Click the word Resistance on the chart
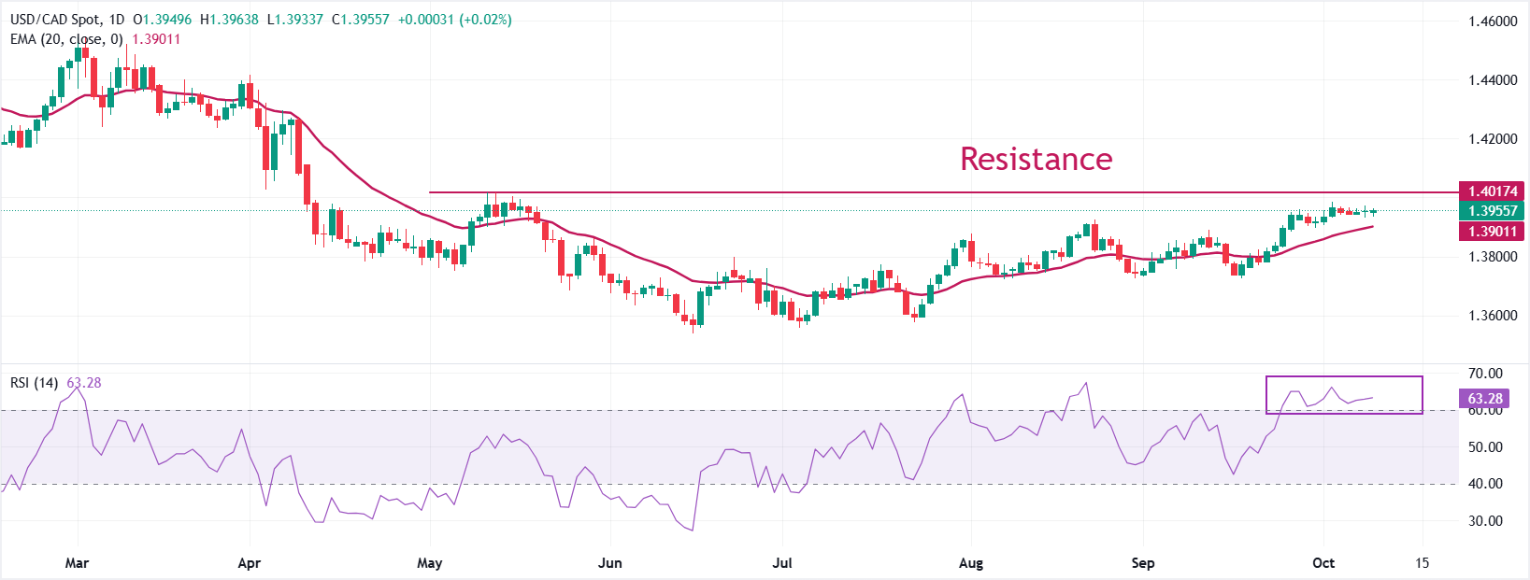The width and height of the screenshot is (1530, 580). (1036, 159)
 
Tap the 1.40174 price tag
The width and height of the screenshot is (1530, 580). (1492, 191)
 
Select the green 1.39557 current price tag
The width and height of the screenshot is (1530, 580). (1492, 211)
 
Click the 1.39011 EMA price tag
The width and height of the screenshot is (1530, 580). (1492, 231)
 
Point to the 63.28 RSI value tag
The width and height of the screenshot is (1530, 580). (1484, 399)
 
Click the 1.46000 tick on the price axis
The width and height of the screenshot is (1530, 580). (1493, 21)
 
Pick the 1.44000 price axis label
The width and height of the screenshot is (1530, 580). (1493, 80)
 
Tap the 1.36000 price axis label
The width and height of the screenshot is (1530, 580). (1493, 316)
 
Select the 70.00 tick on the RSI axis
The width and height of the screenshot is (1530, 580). (1485, 374)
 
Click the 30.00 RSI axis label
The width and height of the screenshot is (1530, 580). (1485, 521)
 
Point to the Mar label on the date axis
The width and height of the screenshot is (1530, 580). (77, 563)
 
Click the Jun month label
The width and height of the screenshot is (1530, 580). (609, 563)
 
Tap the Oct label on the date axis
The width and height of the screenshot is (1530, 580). (1323, 563)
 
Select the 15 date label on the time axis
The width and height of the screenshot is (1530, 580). (1422, 563)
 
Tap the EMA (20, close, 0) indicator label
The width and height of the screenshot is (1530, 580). (66, 39)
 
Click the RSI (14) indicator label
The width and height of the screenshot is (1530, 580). (34, 383)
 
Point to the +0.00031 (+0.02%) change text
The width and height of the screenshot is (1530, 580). (454, 20)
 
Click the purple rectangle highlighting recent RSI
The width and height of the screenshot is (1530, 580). (1344, 394)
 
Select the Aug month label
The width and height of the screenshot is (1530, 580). (971, 563)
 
